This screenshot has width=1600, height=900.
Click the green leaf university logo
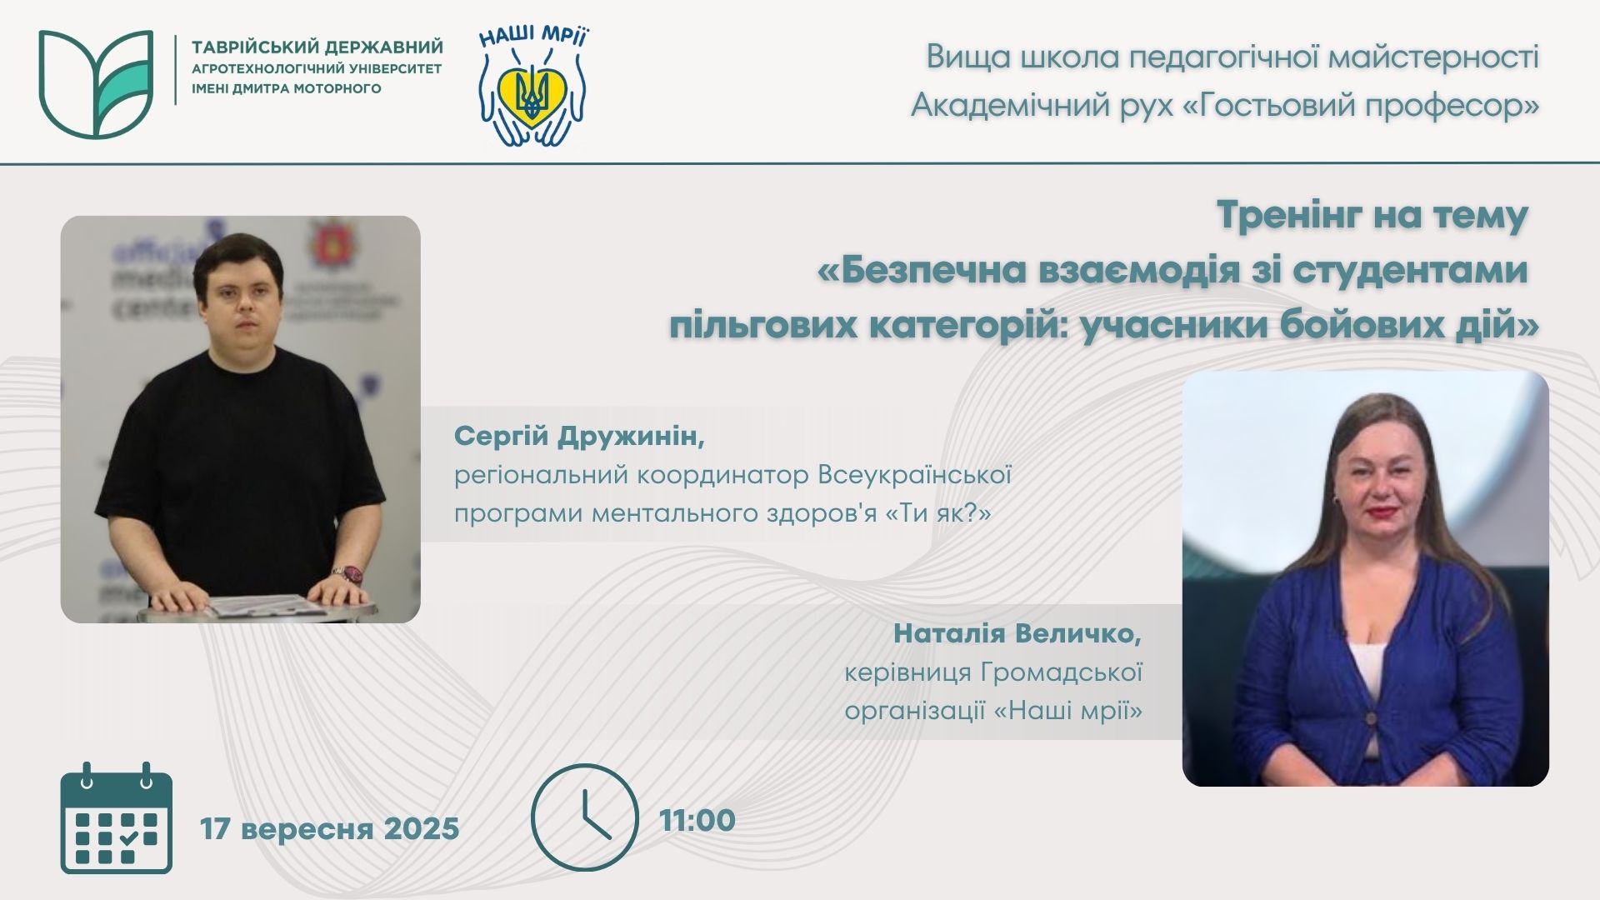tap(95, 83)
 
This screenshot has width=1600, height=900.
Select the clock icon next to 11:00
tap(585, 817)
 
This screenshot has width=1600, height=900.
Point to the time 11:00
tap(697, 820)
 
